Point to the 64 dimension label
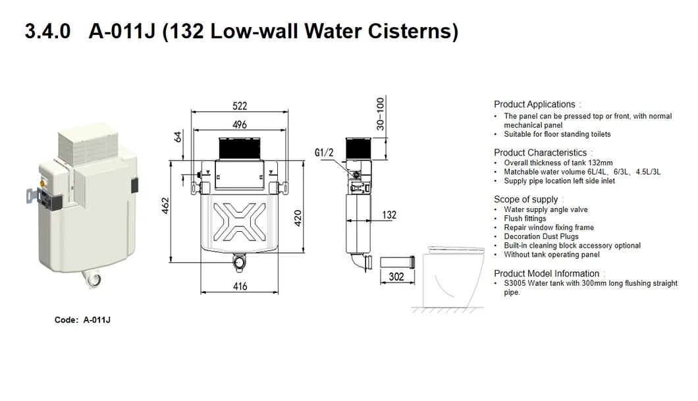(177, 136)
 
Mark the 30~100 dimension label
(379, 114)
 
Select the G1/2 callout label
(325, 153)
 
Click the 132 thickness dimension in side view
(389, 215)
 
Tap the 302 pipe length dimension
(396, 277)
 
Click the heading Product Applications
(534, 104)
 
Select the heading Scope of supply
(525, 200)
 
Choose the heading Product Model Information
(547, 273)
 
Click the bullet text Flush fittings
(525, 219)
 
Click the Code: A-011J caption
(82, 320)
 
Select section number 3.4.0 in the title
(47, 32)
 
